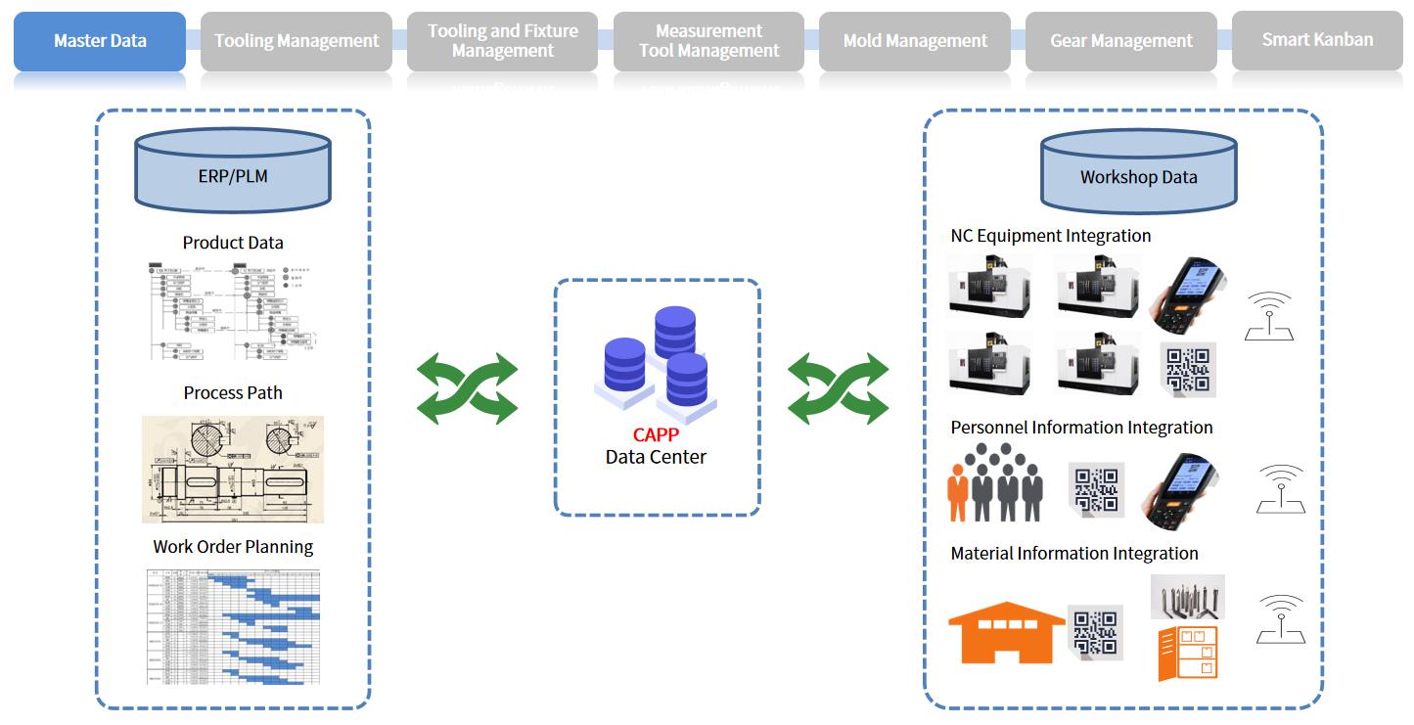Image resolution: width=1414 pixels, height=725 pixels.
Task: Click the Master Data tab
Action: coord(100,41)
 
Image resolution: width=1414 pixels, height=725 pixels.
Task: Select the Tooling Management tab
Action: coord(296,41)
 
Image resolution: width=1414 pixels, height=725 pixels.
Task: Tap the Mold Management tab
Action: coord(915,41)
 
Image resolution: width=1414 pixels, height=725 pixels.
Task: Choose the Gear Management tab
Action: coord(1121,41)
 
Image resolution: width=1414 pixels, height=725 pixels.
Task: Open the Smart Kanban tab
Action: coord(1317,40)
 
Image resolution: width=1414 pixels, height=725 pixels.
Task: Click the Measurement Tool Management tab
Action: coord(709,41)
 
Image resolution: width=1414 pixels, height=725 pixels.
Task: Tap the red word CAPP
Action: coord(656,435)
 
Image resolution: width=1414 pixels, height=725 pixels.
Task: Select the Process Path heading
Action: coord(233,393)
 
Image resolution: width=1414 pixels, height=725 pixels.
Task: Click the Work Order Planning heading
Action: coord(233,547)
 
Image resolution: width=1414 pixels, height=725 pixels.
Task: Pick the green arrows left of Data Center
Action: coord(468,388)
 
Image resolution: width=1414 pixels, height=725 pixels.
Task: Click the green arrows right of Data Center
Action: coord(838,388)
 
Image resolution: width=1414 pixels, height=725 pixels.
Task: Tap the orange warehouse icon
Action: coord(1007,633)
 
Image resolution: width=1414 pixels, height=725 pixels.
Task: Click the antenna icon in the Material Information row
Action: coord(1281,619)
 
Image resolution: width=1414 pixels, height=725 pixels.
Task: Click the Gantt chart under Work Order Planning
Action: coord(233,625)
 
